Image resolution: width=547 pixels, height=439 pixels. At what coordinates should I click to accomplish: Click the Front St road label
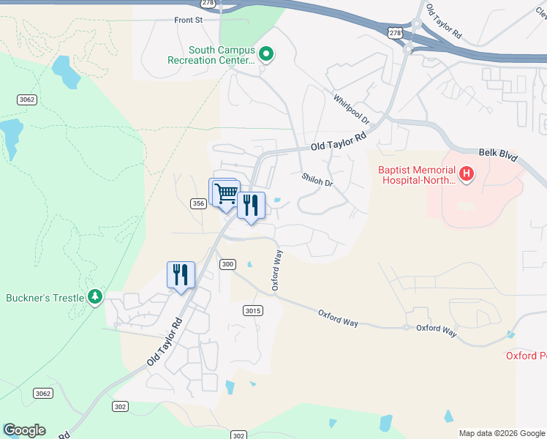[x=189, y=20]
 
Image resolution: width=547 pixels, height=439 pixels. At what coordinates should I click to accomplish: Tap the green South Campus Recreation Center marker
[x=267, y=55]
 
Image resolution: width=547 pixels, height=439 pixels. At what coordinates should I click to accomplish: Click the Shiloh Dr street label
[x=317, y=179]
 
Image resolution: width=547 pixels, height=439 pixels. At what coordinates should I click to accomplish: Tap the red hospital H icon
[x=466, y=175]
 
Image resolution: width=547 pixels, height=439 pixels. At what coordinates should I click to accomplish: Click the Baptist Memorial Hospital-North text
[x=415, y=175]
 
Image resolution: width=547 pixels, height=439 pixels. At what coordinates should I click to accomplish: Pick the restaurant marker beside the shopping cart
[x=251, y=206]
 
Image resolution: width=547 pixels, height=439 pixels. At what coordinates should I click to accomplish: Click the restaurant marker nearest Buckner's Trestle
[x=181, y=275]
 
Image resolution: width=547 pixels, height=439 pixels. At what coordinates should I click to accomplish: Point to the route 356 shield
[x=197, y=203]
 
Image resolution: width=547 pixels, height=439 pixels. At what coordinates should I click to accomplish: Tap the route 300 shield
[x=227, y=264]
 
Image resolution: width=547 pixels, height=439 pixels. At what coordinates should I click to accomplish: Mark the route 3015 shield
[x=252, y=311]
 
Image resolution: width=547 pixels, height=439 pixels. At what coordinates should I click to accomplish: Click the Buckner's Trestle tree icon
[x=94, y=297]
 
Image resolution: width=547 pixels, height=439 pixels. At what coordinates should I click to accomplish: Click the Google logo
[x=24, y=430]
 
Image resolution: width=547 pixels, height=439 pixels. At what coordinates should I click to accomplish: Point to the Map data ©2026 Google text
[x=501, y=433]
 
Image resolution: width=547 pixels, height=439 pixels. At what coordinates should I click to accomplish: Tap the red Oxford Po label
[x=526, y=356]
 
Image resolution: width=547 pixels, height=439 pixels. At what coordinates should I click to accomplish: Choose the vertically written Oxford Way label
[x=277, y=271]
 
